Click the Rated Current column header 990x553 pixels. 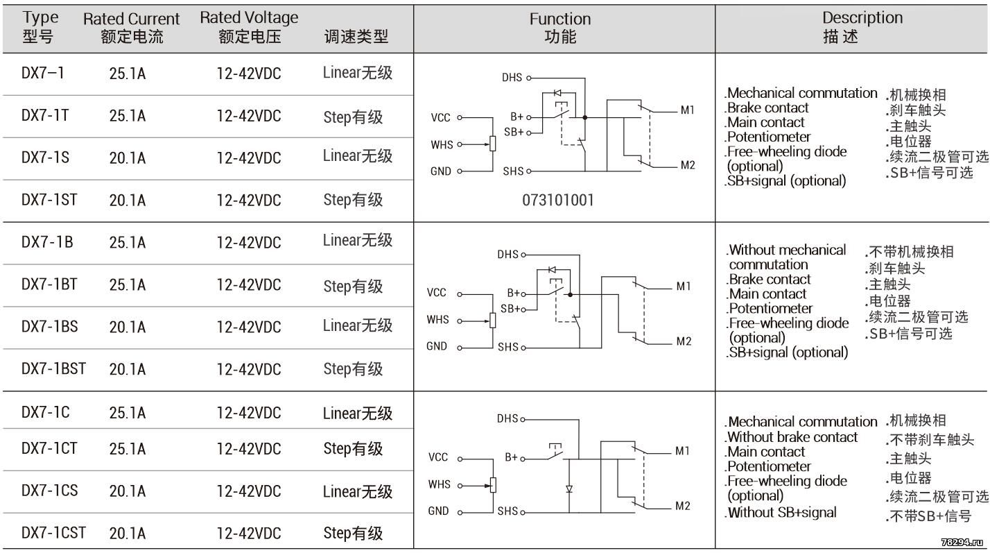pyautogui.click(x=131, y=28)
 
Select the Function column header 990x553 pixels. pyautogui.click(x=560, y=28)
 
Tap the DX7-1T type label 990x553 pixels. pyautogui.click(x=45, y=115)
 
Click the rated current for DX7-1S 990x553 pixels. pyautogui.click(x=128, y=158)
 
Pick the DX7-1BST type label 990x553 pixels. pyautogui.click(x=53, y=368)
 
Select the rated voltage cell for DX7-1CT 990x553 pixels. pyautogui.click(x=248, y=449)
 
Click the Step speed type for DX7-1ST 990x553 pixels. pyautogui.click(x=353, y=200)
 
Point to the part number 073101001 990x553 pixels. pyautogui.click(x=558, y=201)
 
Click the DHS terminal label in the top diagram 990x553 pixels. pyautogui.click(x=512, y=78)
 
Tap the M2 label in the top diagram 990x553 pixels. pyautogui.click(x=688, y=165)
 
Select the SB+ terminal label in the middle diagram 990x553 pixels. pyautogui.click(x=510, y=309)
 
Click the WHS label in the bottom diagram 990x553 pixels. pyautogui.click(x=440, y=484)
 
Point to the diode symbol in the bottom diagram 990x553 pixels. pyautogui.click(x=569, y=489)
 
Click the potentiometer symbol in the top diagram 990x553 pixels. pyautogui.click(x=493, y=144)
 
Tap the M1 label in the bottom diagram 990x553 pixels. pyautogui.click(x=682, y=451)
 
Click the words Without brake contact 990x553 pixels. pyautogui.click(x=792, y=437)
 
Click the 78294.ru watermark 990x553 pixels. pyautogui.click(x=962, y=543)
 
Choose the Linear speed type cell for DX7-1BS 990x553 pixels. pyautogui.click(x=358, y=325)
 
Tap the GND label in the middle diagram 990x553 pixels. pyautogui.click(x=437, y=346)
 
